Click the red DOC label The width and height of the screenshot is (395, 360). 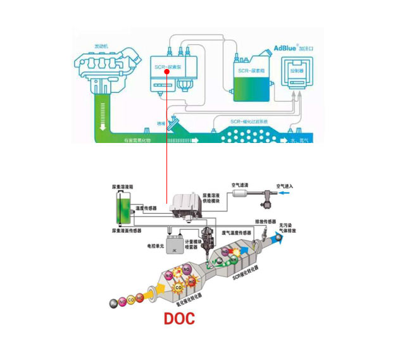point(179,318)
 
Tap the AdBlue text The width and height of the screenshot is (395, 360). point(288,47)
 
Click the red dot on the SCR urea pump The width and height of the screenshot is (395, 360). point(166,71)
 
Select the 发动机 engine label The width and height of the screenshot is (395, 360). point(102,46)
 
